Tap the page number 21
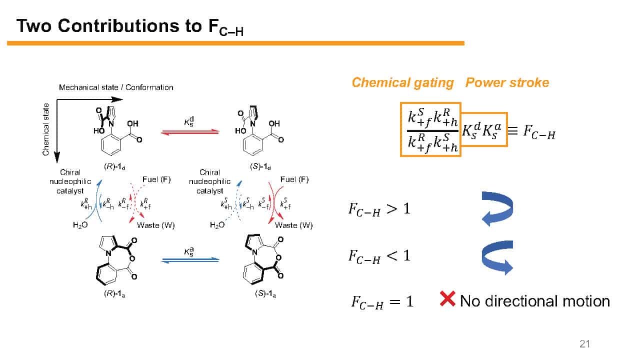584,343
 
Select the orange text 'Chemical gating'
402,82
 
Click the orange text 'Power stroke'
507,82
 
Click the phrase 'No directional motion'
534,301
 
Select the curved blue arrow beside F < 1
497,257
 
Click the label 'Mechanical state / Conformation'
116,87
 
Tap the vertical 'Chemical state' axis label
46,129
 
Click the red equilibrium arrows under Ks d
190,132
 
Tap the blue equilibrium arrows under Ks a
190,259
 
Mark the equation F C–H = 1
382,301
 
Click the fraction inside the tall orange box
430,129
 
